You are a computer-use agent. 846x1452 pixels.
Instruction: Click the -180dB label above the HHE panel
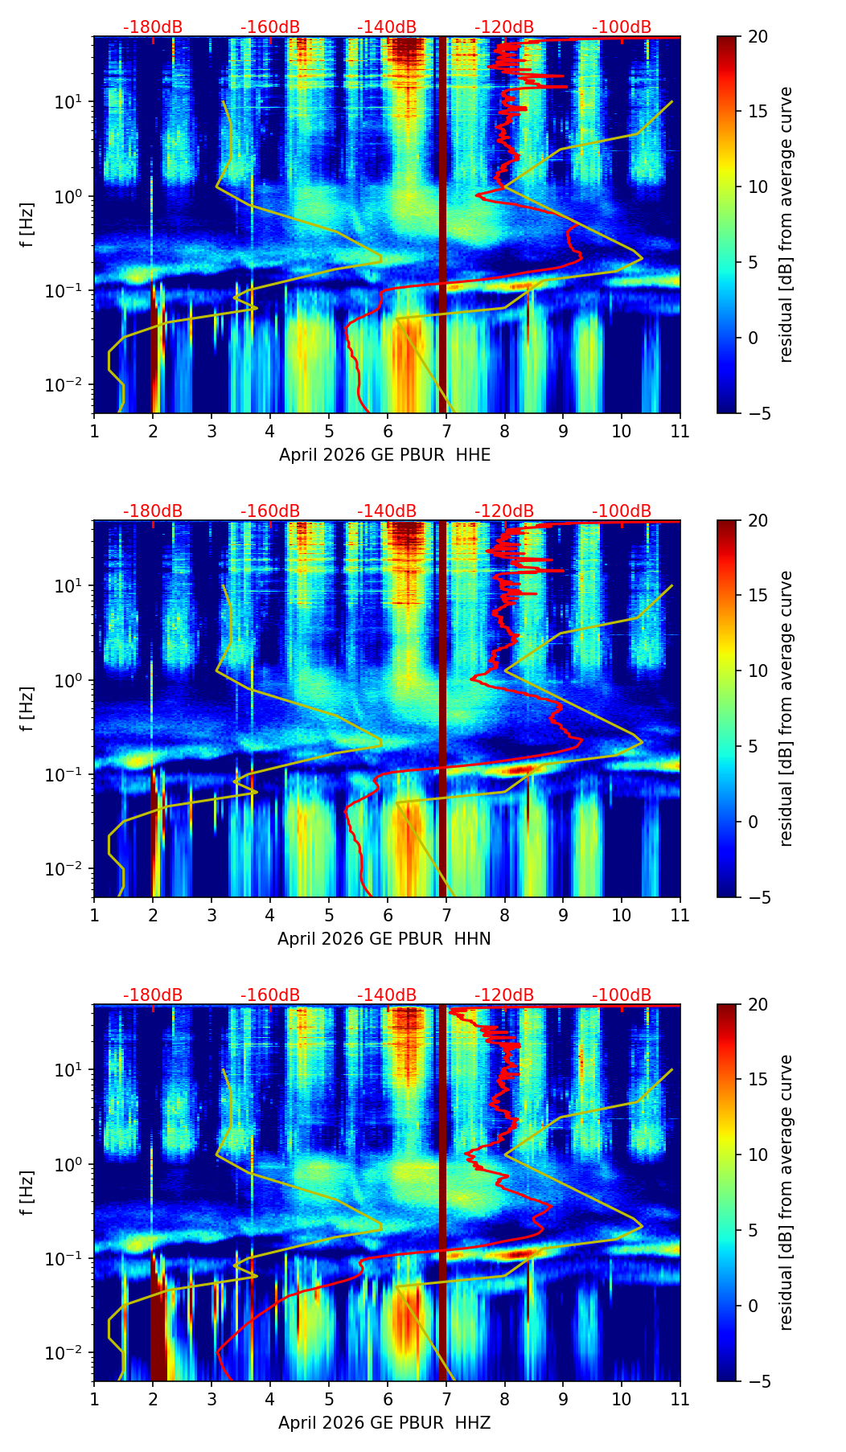153,27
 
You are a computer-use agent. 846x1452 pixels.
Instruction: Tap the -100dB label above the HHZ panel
622,995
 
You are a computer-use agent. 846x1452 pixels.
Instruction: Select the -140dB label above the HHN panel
387,511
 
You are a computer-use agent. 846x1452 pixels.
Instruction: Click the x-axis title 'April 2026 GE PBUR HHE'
384,455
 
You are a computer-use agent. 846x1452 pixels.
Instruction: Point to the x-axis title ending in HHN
384,939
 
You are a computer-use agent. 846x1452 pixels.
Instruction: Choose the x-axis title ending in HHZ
384,1423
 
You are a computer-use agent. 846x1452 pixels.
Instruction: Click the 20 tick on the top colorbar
758,36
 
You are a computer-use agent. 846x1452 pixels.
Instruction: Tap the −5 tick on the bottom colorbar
758,1381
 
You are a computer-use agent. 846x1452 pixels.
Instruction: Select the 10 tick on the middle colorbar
758,671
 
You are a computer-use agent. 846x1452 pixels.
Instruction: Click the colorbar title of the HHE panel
786,224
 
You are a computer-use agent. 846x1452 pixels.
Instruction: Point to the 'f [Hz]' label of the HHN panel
27,708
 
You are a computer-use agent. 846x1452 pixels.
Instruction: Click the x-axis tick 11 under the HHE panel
680,431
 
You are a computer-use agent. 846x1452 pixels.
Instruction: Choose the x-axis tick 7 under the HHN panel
446,915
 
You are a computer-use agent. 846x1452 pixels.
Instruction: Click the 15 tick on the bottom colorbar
758,1080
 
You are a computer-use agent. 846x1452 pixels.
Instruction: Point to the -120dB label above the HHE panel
504,27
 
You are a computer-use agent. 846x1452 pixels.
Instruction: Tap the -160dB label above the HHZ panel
270,995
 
